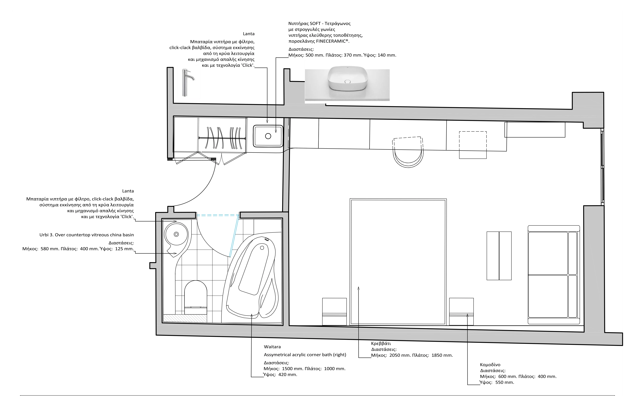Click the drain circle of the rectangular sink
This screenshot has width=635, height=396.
click(268, 136)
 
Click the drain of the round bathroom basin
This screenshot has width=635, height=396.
click(176, 234)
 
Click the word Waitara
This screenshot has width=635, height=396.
click(272, 347)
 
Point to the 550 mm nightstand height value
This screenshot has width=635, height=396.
click(505, 382)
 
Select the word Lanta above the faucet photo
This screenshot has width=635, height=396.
click(249, 34)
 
